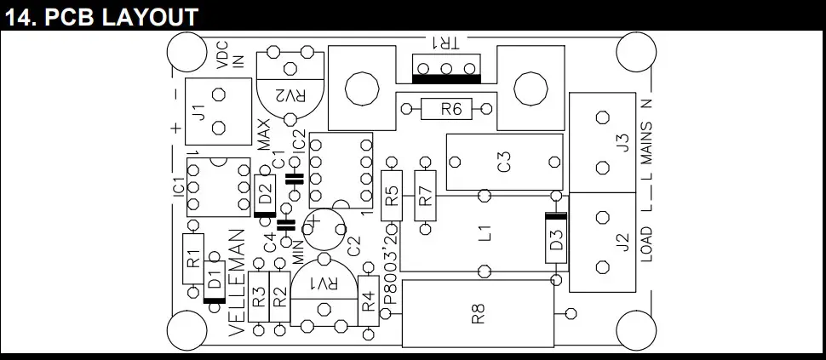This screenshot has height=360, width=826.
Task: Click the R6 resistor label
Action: (x=451, y=109)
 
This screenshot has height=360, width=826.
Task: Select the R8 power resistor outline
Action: (x=477, y=313)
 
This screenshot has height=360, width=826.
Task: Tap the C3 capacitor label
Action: (x=504, y=161)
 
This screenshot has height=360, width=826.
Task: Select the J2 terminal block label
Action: (x=622, y=242)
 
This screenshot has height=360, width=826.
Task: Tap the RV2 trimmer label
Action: (x=291, y=96)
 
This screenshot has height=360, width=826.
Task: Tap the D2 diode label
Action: (x=265, y=193)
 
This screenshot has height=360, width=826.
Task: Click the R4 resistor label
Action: (x=368, y=300)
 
